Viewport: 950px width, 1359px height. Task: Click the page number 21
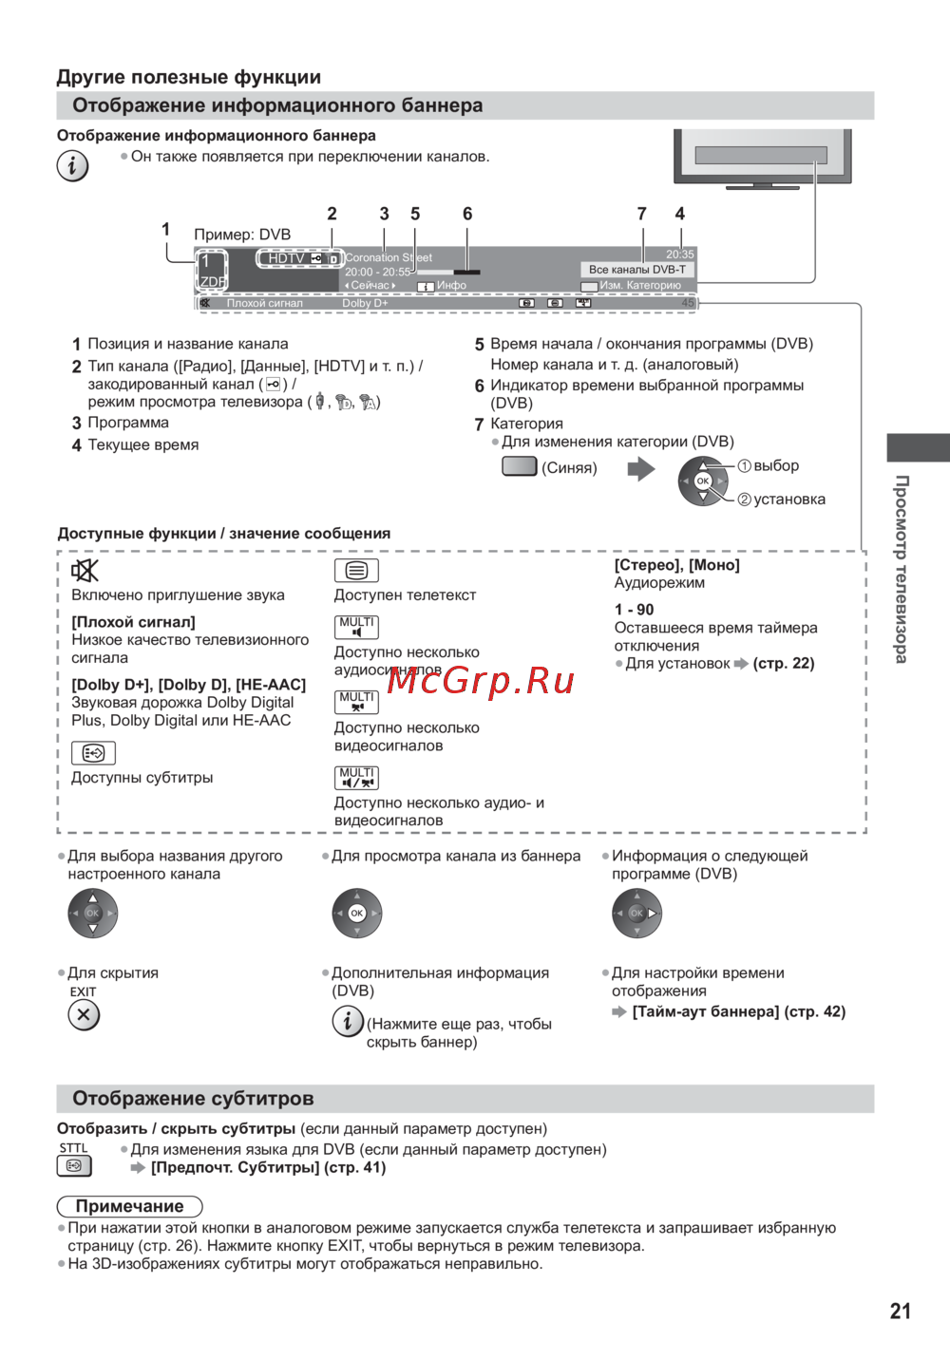coord(900,1312)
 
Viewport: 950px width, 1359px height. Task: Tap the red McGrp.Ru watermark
coord(482,680)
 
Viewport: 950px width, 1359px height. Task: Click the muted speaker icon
coord(85,570)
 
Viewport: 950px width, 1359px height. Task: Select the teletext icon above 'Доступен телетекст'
coord(356,570)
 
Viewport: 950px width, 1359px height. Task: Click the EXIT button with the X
coord(84,1015)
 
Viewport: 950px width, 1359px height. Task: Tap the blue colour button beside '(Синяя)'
coord(519,466)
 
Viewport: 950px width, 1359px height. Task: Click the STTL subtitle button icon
coord(74,1165)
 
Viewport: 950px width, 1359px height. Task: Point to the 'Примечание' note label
coord(130,1206)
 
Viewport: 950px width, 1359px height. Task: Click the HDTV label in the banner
coord(286,258)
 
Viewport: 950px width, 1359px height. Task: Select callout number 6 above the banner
coord(467,214)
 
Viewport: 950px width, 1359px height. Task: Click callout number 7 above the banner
coord(642,214)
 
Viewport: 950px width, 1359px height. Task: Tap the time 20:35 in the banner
coord(679,255)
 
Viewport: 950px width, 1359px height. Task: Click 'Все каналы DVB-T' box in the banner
coord(636,270)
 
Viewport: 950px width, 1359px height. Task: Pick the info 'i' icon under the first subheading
coord(73,165)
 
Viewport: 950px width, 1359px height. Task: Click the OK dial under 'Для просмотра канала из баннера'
coord(356,914)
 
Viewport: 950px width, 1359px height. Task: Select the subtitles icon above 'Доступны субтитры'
coord(93,753)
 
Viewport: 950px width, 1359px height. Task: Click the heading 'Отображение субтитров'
coord(193,1099)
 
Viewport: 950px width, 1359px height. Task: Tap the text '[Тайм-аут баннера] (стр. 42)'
coord(738,1011)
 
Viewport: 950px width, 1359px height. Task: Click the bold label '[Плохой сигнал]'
coord(133,622)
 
